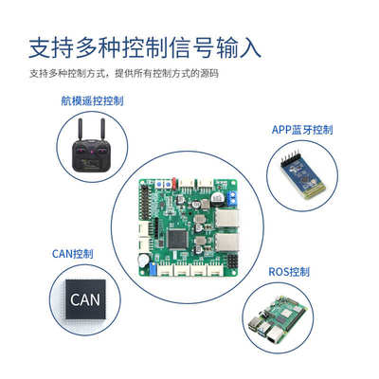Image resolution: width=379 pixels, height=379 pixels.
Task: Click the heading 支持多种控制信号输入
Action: (x=145, y=46)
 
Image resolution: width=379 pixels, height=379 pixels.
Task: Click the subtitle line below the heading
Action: (x=123, y=74)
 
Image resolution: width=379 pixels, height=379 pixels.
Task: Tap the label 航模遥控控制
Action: (x=92, y=99)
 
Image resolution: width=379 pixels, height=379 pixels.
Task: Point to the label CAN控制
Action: (x=73, y=254)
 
